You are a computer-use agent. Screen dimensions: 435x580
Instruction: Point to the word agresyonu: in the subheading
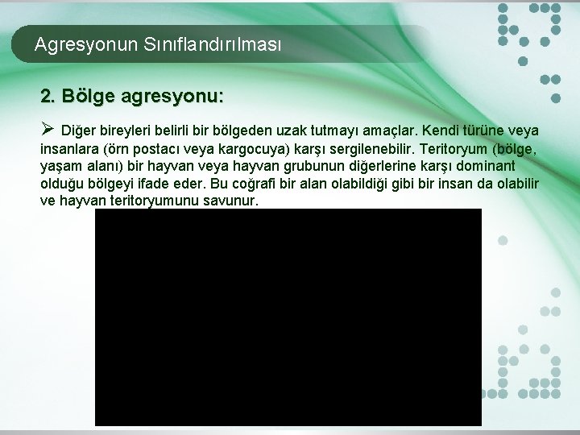pos(173,97)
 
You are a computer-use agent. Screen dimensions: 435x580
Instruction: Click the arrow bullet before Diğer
pos(47,130)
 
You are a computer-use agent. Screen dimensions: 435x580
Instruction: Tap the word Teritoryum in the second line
pos(451,149)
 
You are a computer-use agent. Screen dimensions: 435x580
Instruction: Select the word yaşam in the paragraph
pos(61,166)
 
